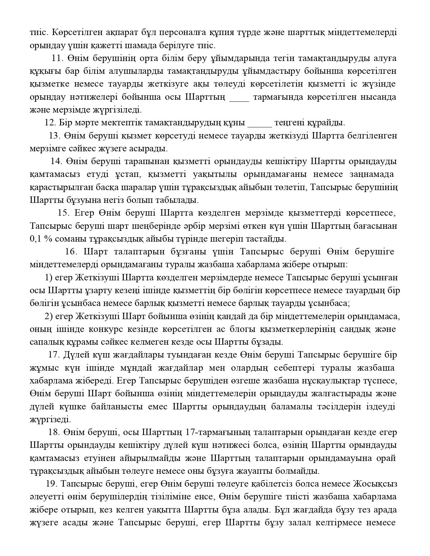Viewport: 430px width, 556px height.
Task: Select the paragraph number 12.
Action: (50, 123)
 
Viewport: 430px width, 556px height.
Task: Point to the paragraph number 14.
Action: (56, 161)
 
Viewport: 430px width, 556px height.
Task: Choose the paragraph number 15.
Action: (63, 213)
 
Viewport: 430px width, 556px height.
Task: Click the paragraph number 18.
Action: (54, 432)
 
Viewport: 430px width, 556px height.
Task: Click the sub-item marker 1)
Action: (48, 278)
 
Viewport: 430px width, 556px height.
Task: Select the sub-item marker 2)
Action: (48, 316)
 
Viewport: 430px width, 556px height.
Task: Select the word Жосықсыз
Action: (375, 484)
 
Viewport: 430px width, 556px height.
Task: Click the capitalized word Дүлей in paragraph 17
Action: (75, 355)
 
